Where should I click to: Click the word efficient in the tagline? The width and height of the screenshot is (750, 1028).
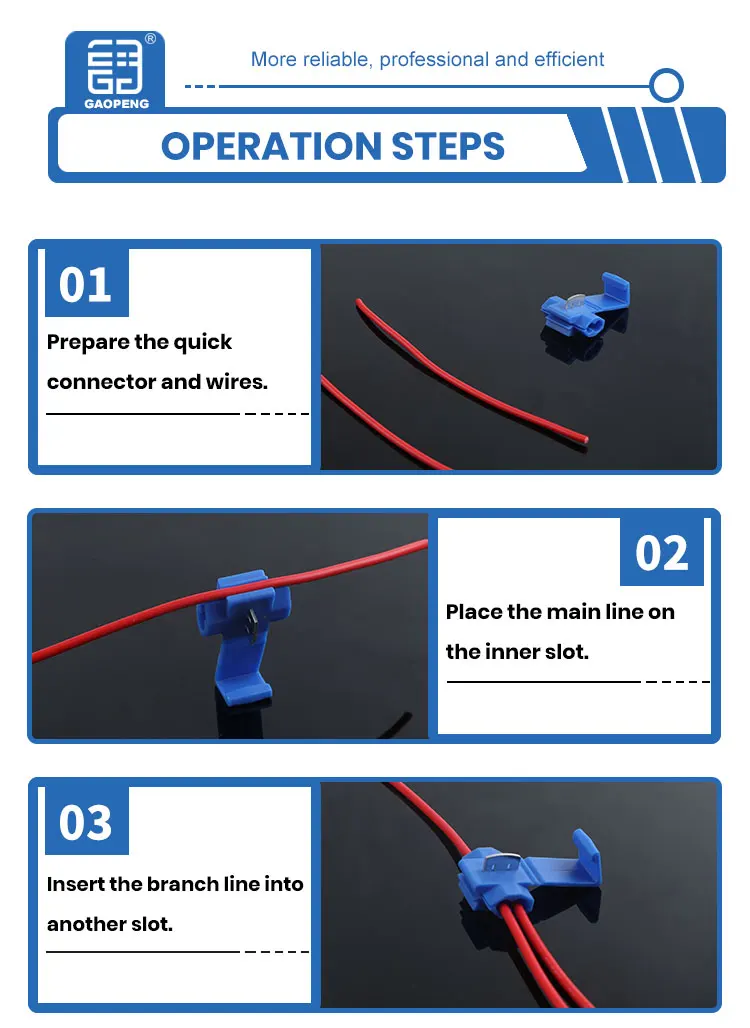pyautogui.click(x=565, y=60)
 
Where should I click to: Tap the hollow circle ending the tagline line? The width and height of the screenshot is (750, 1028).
pyautogui.click(x=665, y=86)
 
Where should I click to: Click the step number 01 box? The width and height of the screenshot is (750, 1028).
pyautogui.click(x=86, y=284)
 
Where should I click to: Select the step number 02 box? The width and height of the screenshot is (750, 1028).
pyautogui.click(x=661, y=552)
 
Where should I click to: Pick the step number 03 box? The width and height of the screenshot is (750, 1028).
pyautogui.click(x=86, y=822)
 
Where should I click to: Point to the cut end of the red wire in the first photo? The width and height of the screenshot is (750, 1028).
pyautogui.click(x=581, y=439)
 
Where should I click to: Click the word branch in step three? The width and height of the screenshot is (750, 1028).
pyautogui.click(x=184, y=884)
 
